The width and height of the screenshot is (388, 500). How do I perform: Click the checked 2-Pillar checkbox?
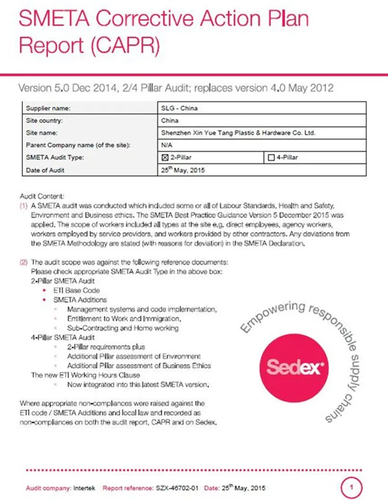pos(165,157)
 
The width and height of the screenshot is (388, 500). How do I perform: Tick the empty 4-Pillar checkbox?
pos(270,157)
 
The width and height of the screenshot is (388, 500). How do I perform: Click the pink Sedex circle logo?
pos(296,367)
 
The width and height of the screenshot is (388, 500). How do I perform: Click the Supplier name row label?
pos(48,108)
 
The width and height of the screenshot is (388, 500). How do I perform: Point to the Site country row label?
pos(45,121)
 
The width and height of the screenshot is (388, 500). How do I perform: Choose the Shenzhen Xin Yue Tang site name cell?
pos(239,133)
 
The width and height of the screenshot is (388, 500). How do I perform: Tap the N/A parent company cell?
pos(167,145)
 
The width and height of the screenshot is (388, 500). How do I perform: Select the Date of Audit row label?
pos(45,170)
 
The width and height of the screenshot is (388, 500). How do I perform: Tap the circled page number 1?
pos(352,488)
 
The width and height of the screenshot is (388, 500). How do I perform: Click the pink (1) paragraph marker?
pos(23,206)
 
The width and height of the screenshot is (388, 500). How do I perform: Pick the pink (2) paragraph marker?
pos(23,262)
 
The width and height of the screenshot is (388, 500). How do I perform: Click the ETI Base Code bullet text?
pos(76,290)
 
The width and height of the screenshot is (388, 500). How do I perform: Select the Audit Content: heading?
pos(42,197)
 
